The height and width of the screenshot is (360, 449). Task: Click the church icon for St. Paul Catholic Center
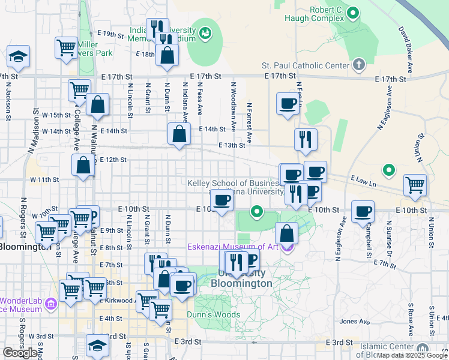358,64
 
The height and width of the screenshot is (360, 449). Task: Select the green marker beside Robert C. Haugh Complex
354,13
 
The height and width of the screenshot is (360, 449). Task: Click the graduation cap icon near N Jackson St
19,57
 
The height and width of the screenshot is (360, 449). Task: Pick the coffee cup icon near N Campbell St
363,212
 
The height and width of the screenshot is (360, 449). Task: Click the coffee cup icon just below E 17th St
288,103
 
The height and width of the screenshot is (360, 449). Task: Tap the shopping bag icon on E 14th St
179,134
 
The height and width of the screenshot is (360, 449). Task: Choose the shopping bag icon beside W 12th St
83,165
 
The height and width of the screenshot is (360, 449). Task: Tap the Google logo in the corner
20,353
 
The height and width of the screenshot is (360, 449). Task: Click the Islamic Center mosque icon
422,349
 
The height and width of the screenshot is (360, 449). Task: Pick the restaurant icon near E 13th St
306,139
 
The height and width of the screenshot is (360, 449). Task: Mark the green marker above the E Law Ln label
389,171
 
